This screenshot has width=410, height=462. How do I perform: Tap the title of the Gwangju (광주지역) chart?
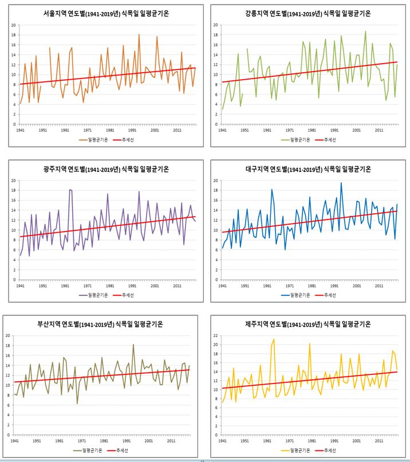tap(106, 169)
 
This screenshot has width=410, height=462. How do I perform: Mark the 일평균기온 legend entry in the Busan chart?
tap(92, 451)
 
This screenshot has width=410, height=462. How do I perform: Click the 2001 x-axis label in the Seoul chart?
tap(155, 130)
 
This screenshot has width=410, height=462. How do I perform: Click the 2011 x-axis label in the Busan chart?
tap(171, 440)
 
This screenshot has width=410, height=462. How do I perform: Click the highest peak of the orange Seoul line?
tap(139, 34)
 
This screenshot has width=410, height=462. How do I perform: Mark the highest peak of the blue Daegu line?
tap(341, 183)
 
